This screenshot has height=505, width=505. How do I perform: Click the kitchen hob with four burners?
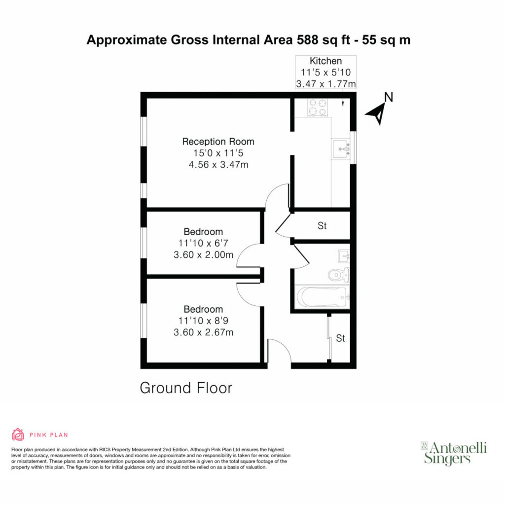(318, 107)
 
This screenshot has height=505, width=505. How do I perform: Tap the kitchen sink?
(341, 149)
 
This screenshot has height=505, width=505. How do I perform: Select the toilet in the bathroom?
(339, 275)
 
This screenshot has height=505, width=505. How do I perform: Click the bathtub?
(323, 296)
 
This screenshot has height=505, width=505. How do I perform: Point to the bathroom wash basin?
(344, 256)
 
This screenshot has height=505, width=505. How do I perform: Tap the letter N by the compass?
(389, 97)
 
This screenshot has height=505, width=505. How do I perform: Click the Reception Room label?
(218, 142)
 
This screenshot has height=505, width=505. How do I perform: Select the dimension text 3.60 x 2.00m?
(203, 255)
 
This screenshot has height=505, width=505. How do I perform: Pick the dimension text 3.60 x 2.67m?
(203, 332)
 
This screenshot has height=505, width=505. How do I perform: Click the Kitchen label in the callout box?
(325, 61)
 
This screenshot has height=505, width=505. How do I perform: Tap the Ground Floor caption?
(186, 388)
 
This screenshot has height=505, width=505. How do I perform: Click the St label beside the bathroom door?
(322, 226)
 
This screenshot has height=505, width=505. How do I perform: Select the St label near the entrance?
(340, 338)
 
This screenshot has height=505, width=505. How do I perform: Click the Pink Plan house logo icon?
(18, 434)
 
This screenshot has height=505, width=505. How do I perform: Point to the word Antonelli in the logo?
(458, 448)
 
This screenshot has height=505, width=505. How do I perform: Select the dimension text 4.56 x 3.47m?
(218, 165)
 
